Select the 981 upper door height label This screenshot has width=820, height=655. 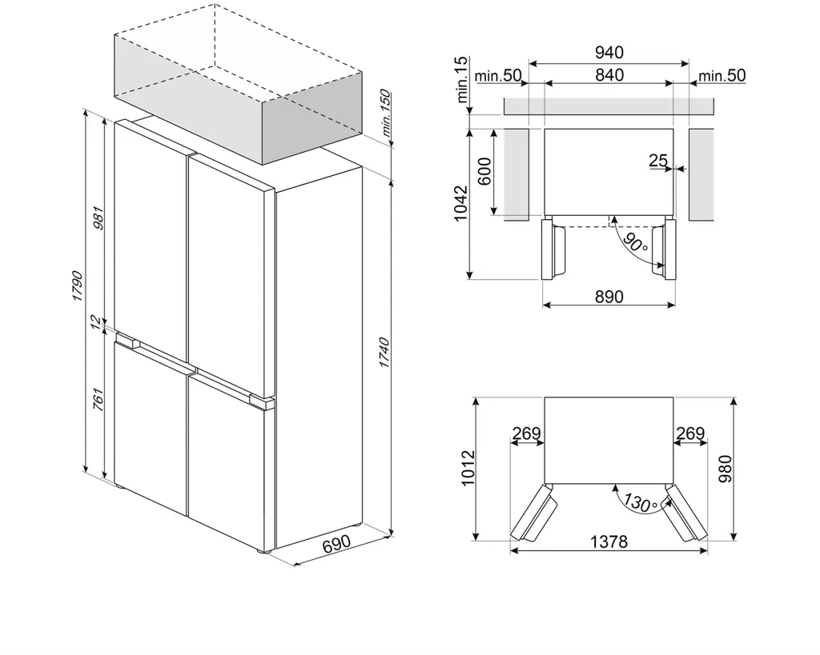click(98, 218)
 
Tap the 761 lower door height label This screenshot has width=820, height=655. click(98, 397)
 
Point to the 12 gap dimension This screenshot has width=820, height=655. click(97, 322)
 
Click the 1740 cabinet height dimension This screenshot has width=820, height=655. click(384, 353)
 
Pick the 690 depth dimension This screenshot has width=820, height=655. click(336, 545)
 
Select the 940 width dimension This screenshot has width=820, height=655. click(609, 53)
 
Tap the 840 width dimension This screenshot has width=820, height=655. click(609, 75)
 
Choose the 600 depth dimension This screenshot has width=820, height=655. click(485, 170)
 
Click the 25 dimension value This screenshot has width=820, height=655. click(658, 161)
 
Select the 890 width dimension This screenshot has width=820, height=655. click(609, 296)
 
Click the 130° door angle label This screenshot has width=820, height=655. click(641, 503)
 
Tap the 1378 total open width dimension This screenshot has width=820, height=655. click(609, 541)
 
